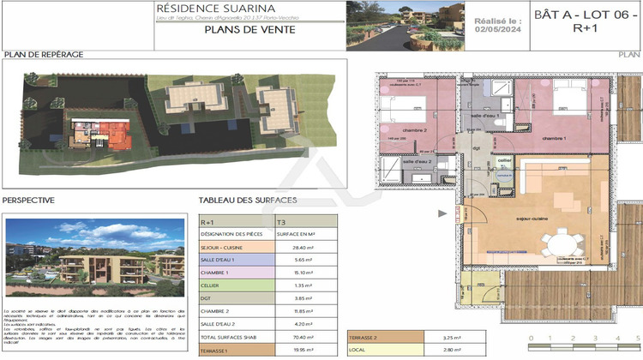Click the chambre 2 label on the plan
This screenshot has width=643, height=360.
click(394, 130)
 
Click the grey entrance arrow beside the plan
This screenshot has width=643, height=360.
click(442, 214)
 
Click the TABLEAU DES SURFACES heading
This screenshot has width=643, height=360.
click(248, 200)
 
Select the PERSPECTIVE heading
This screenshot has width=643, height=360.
click(28, 200)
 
